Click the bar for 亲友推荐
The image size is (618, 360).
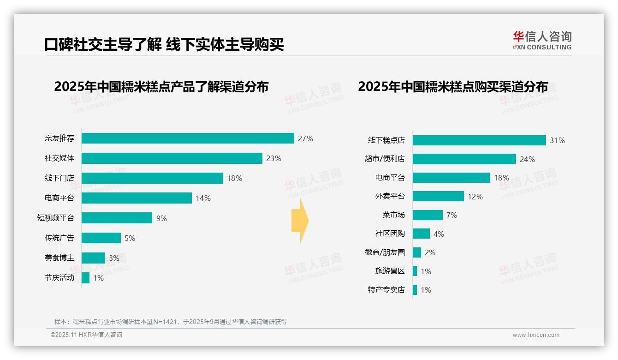(188, 138)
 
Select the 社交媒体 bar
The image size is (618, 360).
(172, 158)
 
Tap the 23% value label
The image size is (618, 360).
(273, 158)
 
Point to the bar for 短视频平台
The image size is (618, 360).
(117, 218)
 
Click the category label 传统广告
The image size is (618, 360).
(59, 238)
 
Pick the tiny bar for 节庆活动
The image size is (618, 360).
(86, 278)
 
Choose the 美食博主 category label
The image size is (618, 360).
(59, 258)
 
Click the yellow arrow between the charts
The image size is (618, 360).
(300, 221)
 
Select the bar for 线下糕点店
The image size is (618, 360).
(479, 140)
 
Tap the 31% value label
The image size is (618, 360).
(557, 140)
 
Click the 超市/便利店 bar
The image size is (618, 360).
(464, 159)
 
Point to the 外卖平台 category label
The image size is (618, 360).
(390, 197)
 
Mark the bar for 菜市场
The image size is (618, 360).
(428, 215)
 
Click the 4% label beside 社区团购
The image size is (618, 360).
(439, 234)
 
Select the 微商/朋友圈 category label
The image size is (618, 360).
(385, 252)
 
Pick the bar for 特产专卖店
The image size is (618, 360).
(415, 290)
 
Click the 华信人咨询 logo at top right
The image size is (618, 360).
(542, 40)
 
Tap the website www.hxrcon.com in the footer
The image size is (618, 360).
(536, 335)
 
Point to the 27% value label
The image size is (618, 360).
(305, 138)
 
